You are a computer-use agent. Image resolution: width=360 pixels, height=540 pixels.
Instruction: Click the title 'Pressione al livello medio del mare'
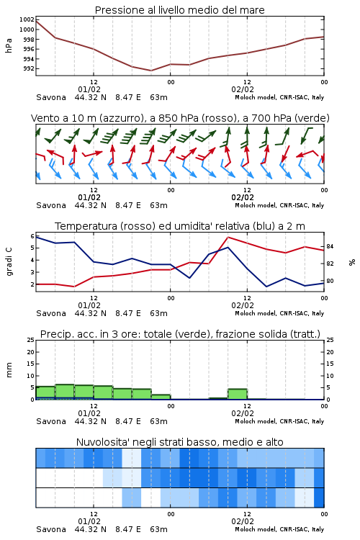179,10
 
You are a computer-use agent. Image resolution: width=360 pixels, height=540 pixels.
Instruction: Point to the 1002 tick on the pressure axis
27,19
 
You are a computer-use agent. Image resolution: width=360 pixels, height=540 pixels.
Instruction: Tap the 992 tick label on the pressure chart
28,68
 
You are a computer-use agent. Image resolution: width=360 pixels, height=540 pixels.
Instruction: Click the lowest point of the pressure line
151,71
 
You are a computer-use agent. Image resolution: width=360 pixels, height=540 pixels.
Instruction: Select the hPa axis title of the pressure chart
9,45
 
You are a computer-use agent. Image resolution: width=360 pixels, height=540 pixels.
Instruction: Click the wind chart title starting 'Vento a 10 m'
180,118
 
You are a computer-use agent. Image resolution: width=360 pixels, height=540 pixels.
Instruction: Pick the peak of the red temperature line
228,238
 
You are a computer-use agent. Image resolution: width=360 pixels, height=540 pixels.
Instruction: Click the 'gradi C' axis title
9,261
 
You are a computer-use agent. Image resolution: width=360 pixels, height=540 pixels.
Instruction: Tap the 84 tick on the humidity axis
330,246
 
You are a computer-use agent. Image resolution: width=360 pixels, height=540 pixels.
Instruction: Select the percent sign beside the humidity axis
352,262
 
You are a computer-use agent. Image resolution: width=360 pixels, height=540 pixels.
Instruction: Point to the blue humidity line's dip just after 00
189,278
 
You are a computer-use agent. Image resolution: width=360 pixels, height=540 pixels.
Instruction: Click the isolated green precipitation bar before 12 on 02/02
238,394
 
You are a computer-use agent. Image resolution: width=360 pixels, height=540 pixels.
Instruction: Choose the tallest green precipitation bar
65,392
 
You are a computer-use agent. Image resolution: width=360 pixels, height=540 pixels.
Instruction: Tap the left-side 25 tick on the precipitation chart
31,340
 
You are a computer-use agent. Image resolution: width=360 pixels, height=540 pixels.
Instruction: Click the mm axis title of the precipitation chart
9,370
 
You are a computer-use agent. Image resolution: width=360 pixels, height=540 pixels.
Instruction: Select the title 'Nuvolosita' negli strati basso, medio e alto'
179,442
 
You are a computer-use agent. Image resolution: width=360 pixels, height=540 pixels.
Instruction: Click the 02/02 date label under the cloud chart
243,521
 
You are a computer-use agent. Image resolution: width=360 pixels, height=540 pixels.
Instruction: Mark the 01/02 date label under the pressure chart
89,89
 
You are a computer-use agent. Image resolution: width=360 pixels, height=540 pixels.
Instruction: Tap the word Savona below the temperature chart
51,313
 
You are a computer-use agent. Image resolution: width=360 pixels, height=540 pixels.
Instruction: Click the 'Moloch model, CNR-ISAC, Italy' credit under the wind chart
279,205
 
